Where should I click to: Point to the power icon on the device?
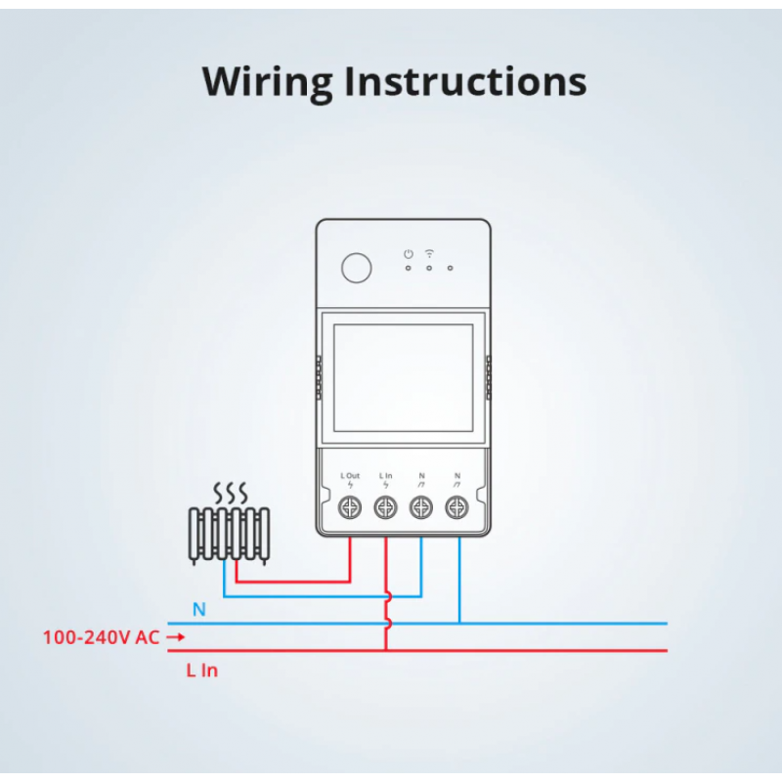click(x=409, y=254)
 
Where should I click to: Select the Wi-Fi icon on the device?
click(x=429, y=253)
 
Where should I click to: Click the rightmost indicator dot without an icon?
click(x=450, y=267)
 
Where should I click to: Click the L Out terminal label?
click(x=350, y=476)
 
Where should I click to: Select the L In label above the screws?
click(x=385, y=476)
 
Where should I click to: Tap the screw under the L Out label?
click(x=350, y=507)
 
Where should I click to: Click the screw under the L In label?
click(x=385, y=507)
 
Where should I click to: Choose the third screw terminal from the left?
click(x=421, y=507)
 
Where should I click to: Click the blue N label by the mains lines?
click(x=199, y=610)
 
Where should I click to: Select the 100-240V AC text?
click(x=101, y=637)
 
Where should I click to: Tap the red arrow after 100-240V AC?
click(x=176, y=637)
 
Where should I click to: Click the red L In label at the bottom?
click(x=201, y=671)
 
